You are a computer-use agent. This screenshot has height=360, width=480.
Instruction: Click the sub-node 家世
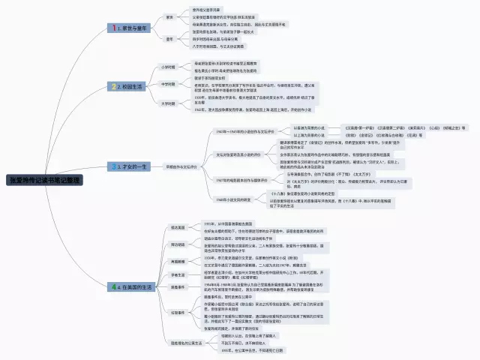(x=169, y=16)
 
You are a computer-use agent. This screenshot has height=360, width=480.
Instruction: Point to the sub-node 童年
(x=169, y=38)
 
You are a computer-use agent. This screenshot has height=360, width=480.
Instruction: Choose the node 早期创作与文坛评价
(x=182, y=165)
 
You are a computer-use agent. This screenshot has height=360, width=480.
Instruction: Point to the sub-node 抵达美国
(x=178, y=226)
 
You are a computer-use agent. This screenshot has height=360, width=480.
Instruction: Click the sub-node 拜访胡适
(x=178, y=244)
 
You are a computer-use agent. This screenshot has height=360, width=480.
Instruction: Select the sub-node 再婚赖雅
(x=178, y=262)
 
